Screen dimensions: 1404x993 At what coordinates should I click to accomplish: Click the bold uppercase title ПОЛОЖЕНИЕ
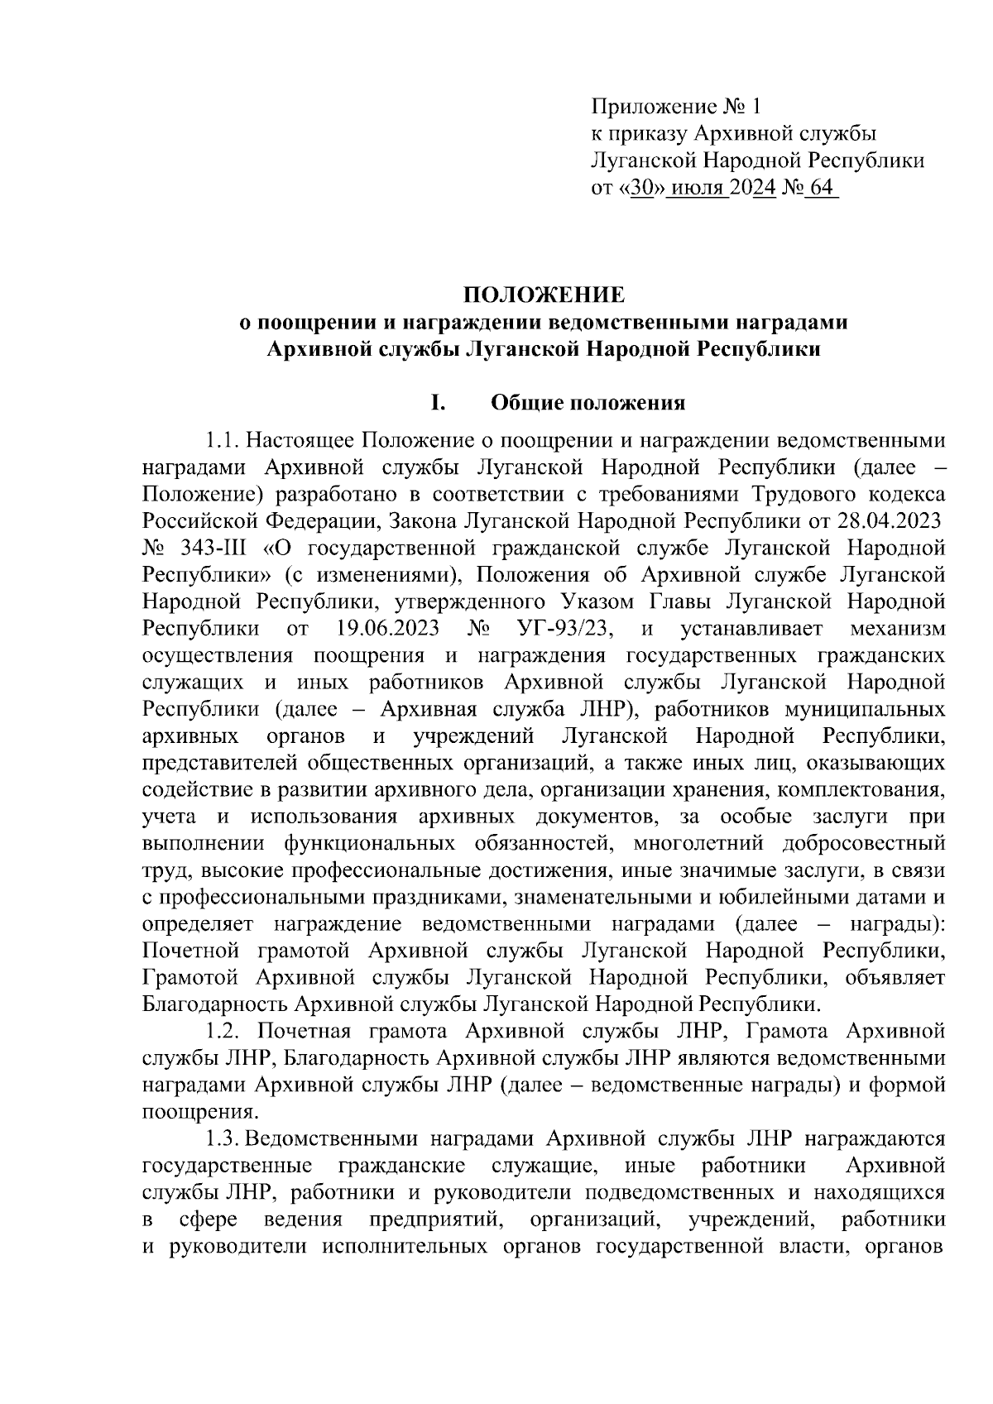click(543, 295)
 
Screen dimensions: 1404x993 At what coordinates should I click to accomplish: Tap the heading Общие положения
click(588, 403)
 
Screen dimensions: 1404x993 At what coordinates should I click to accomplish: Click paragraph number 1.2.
click(222, 1032)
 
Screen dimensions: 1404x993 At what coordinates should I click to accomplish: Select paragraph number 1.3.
click(222, 1139)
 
